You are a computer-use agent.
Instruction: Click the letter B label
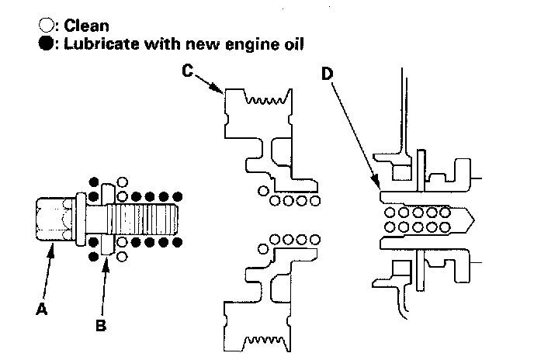point(101,326)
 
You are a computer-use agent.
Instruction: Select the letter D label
point(328,74)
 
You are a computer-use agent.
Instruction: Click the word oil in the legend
point(293,44)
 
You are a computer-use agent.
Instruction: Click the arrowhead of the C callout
point(223,93)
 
